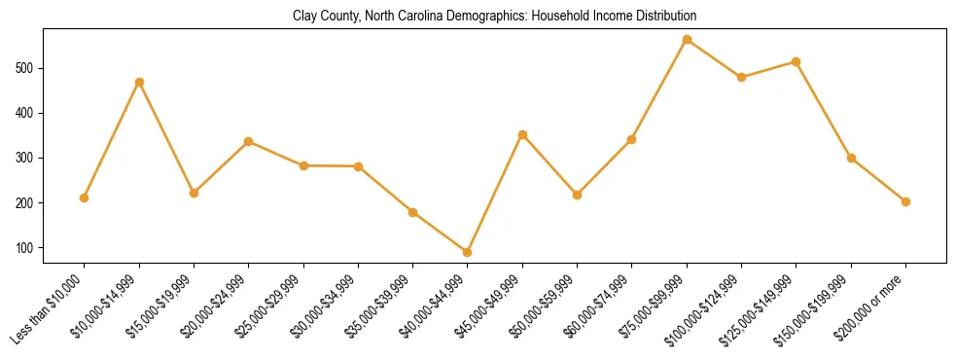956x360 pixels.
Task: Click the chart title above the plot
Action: coord(494,17)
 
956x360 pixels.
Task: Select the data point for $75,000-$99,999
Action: coord(687,40)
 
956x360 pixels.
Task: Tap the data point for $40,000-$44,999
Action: coord(468,252)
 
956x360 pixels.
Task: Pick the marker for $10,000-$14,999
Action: coord(139,82)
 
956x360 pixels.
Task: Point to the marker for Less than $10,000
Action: coord(85,198)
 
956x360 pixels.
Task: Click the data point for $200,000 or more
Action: coord(905,201)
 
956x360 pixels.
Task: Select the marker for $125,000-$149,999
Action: coord(797,61)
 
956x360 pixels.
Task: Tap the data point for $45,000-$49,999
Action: coord(522,134)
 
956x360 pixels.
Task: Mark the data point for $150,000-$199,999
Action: coord(851,158)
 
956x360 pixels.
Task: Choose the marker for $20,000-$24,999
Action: coord(249,141)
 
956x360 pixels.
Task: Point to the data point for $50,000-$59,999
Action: coord(577,195)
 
